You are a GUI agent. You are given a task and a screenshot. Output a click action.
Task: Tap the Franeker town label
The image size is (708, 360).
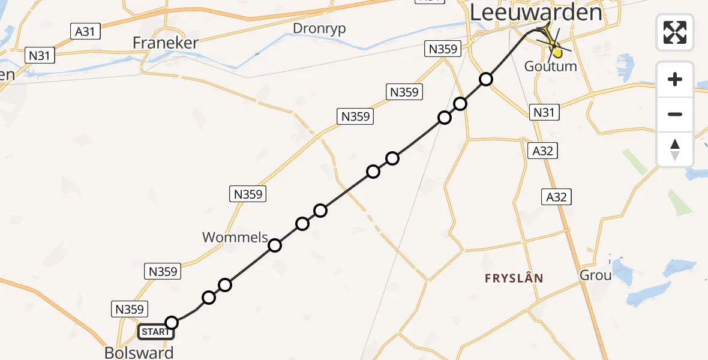(165, 44)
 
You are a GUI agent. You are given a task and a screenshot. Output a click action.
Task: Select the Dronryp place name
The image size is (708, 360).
(319, 28)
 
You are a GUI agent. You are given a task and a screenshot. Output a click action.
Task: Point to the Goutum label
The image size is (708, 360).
(550, 66)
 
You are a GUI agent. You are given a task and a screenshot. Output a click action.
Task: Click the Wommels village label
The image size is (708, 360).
(235, 237)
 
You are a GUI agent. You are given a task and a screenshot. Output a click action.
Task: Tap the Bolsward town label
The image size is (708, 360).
(139, 352)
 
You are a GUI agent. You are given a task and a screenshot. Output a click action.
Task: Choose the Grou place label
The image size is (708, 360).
(595, 275)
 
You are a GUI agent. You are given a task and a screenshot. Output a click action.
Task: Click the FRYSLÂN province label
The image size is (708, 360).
(514, 278)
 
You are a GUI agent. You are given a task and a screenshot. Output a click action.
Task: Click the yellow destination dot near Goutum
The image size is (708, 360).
(557, 52)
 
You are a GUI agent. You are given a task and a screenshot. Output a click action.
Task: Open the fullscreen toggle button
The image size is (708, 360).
(675, 32)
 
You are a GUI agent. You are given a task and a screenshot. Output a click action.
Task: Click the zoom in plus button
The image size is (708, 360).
(675, 79)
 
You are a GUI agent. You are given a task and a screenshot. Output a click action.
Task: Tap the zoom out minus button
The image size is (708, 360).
(675, 114)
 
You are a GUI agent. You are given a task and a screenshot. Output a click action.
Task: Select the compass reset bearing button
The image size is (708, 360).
(675, 149)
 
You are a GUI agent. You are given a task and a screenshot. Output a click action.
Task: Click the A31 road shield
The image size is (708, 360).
(85, 31)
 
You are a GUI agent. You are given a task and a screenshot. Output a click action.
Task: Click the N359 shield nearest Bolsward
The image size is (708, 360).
(129, 309)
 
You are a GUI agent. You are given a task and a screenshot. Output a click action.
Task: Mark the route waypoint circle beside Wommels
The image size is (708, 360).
(275, 245)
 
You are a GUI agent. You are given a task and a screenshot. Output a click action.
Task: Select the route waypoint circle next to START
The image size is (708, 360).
(172, 323)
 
